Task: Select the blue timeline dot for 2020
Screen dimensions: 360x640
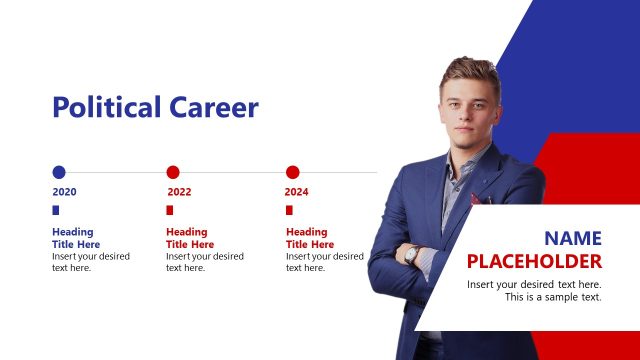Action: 59,172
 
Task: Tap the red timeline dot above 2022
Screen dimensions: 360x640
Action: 173,172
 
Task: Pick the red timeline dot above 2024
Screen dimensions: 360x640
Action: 293,172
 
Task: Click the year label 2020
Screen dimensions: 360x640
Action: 64,191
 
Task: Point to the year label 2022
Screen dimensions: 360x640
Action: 179,191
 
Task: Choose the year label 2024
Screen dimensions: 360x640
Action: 297,191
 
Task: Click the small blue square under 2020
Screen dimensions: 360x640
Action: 56,210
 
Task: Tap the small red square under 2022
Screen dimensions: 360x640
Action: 170,210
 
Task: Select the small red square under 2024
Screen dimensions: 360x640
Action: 289,210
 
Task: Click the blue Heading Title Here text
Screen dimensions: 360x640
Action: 76,238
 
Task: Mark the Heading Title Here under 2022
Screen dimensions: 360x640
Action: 190,238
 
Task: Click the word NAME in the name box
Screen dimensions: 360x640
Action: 573,239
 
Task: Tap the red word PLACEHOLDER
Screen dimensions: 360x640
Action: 535,262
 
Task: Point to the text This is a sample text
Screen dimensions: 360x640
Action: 553,297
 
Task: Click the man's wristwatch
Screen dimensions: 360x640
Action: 411,254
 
